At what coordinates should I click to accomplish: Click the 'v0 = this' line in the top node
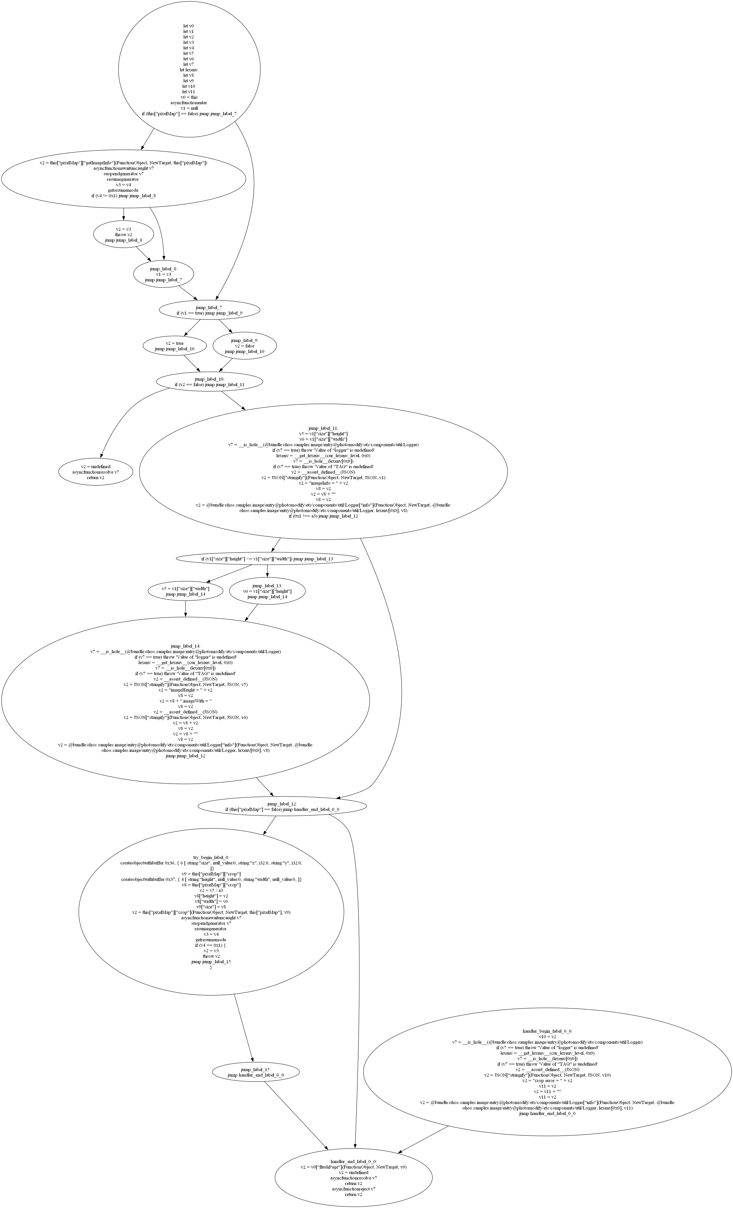pos(189,97)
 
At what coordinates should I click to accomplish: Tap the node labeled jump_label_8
pos(163,275)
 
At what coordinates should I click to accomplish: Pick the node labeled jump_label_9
pos(245,346)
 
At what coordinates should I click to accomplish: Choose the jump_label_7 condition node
pos(209,310)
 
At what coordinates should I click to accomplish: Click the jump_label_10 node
pos(209,382)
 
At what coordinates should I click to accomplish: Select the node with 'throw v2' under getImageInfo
pos(123,234)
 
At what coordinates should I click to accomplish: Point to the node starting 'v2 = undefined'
pos(96,472)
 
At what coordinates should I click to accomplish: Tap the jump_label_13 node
pos(267,591)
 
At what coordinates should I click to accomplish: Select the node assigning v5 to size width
pos(185,591)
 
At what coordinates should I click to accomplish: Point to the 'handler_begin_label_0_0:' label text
pos(547,1031)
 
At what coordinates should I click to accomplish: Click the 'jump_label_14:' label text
pos(185,646)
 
